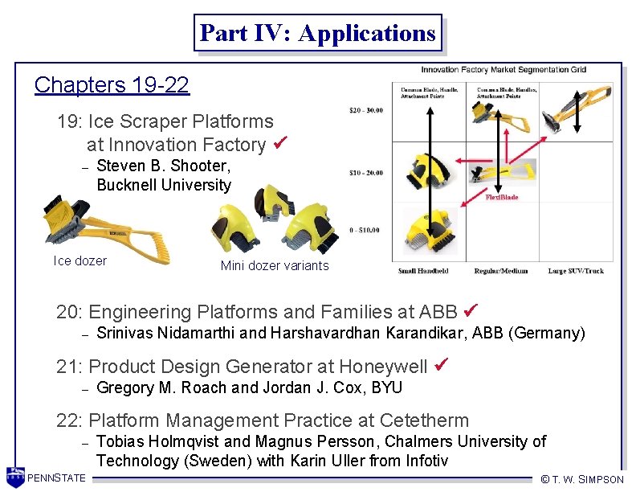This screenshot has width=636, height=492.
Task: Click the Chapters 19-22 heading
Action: point(112,85)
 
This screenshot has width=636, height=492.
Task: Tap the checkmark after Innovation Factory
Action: point(279,144)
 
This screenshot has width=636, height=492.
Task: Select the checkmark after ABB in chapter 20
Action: point(472,310)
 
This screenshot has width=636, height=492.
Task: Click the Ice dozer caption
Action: point(79,260)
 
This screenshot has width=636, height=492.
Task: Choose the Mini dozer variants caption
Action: point(275,266)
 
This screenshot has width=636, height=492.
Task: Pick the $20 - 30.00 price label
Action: point(366,109)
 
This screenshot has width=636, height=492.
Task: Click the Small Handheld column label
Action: point(423,271)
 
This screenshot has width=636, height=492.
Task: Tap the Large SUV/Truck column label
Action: point(577,271)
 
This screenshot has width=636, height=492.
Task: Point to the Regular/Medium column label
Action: point(501,271)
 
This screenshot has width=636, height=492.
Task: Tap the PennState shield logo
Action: point(15,476)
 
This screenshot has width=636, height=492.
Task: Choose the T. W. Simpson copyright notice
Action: point(582,479)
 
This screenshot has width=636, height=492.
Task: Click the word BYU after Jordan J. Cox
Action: point(386,388)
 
